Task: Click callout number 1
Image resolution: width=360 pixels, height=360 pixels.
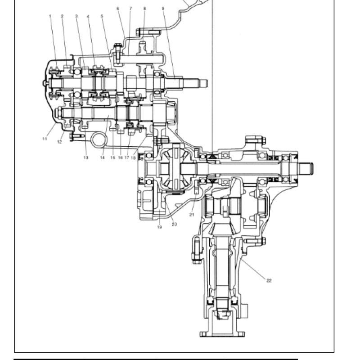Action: tap(50, 16)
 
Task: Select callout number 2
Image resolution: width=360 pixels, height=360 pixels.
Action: tap(62, 16)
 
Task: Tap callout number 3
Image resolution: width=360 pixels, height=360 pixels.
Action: tap(76, 16)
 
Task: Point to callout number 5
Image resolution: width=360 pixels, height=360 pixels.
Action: tap(102, 16)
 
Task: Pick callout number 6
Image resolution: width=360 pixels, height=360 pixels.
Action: tap(118, 9)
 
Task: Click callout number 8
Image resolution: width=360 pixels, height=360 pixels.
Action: tap(144, 9)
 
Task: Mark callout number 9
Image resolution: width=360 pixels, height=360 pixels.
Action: tap(163, 9)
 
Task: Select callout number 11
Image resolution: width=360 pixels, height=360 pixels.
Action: tap(45, 139)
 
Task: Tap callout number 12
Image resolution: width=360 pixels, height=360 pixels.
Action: tap(59, 142)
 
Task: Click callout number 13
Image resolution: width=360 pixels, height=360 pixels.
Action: tap(85, 158)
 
